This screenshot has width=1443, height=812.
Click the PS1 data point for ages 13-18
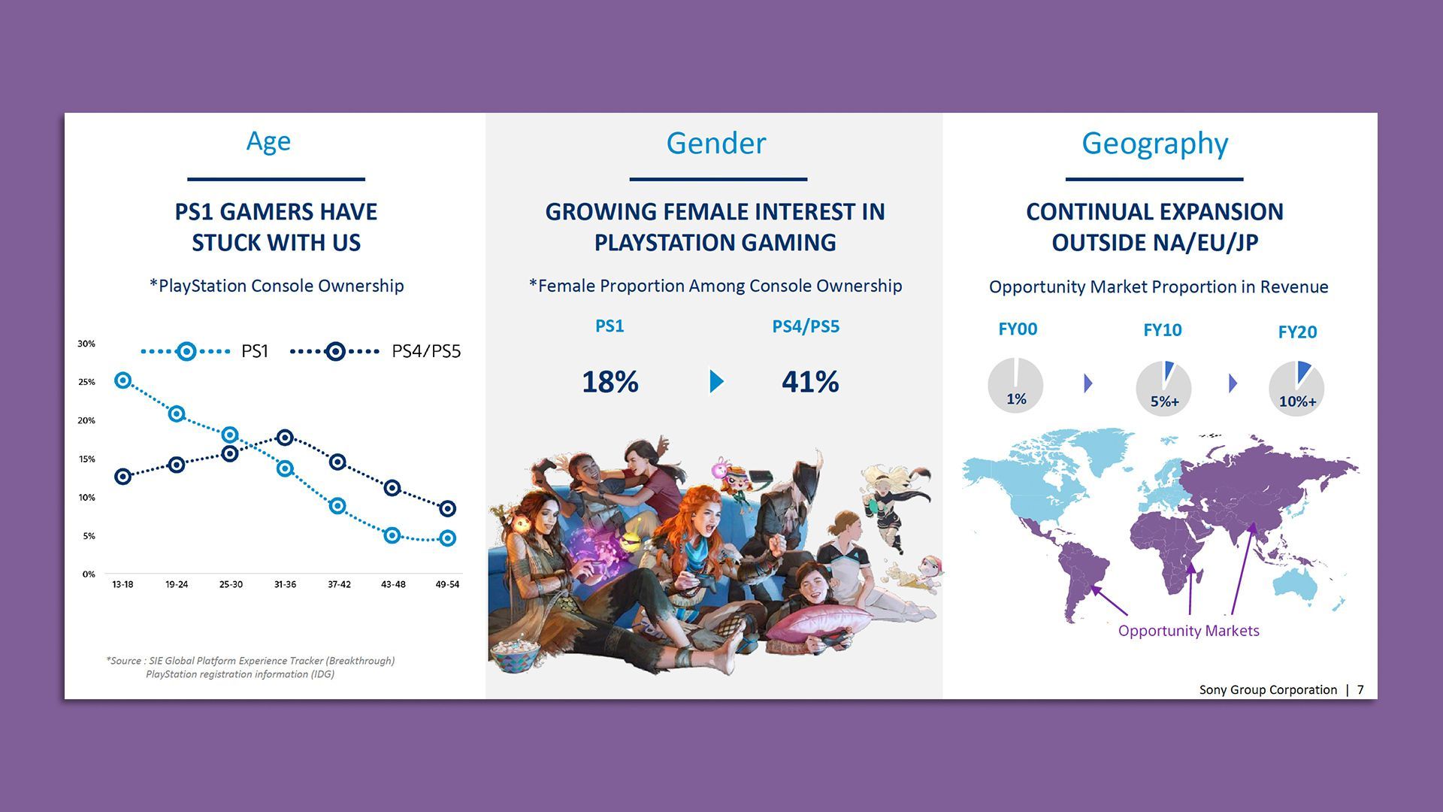click(x=123, y=380)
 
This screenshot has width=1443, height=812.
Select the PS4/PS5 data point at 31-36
click(x=285, y=438)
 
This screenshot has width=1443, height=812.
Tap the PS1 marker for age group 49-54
click(x=447, y=538)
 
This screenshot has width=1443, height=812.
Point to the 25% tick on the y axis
click(x=86, y=382)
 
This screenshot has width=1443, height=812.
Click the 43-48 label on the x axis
click(x=393, y=584)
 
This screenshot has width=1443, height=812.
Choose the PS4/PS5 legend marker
click(x=335, y=351)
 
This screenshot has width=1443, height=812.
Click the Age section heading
click(x=268, y=141)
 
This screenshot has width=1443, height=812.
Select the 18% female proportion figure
click(x=610, y=382)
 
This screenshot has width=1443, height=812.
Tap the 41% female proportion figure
click(x=809, y=382)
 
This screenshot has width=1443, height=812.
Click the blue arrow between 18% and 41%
click(x=716, y=381)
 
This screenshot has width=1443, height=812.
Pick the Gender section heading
click(x=715, y=143)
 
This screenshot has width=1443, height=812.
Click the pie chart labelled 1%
click(x=1015, y=386)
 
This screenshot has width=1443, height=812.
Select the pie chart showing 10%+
click(x=1296, y=388)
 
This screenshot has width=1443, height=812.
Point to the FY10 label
click(x=1162, y=330)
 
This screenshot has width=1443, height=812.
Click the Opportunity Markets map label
click(x=1188, y=631)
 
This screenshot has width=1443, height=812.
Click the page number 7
click(x=1360, y=689)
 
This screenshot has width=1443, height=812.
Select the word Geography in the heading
click(x=1154, y=143)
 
